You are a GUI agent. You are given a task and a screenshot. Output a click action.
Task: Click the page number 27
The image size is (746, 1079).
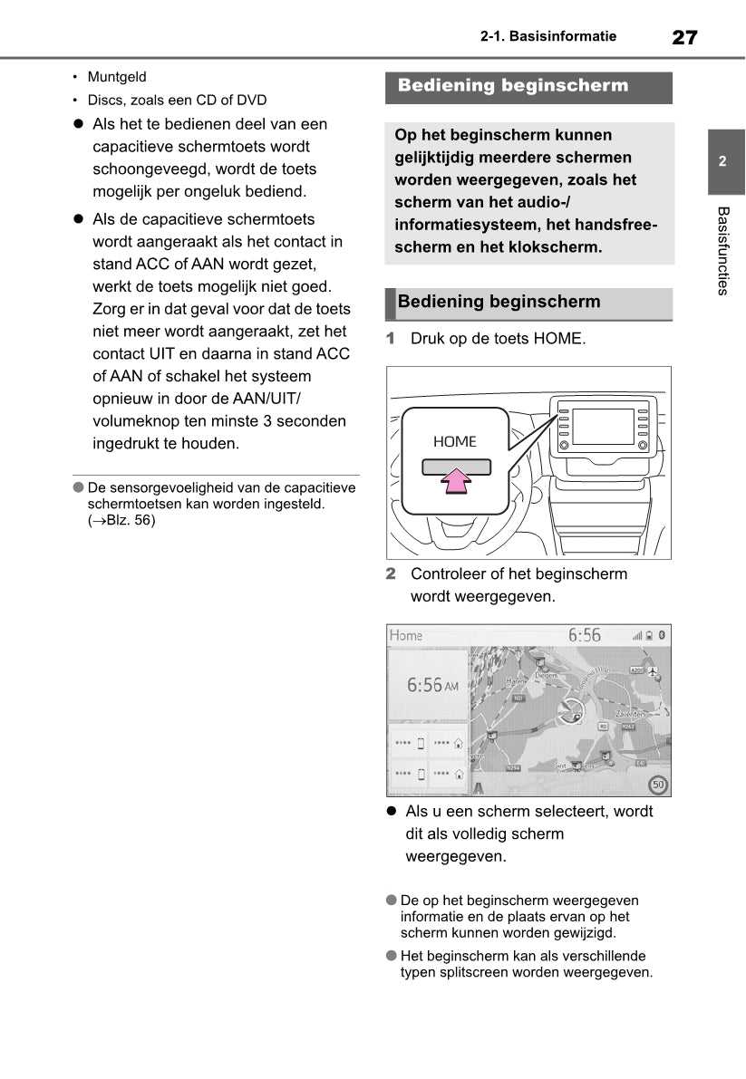684,37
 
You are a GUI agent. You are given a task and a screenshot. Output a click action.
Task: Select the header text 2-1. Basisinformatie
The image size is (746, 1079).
548,37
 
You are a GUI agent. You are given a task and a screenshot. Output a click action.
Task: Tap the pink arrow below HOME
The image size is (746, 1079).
456,481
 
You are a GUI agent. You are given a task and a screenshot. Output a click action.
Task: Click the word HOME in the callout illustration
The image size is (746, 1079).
454,442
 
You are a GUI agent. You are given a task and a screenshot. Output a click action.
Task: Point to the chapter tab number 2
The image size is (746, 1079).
722,162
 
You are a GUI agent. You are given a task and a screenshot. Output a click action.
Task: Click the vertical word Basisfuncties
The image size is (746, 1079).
722,251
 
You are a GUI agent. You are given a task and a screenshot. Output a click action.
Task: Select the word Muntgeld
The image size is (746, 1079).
117,77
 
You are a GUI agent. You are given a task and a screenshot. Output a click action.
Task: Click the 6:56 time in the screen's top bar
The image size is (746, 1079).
585,635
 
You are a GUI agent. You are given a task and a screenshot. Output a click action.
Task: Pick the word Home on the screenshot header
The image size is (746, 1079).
406,635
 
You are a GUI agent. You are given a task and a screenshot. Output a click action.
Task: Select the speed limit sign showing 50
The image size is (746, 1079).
659,785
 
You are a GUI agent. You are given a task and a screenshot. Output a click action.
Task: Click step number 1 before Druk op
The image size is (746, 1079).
392,339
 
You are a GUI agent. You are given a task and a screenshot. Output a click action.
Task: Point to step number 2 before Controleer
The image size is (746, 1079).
392,573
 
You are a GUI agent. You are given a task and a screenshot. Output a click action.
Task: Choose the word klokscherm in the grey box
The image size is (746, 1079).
556,247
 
